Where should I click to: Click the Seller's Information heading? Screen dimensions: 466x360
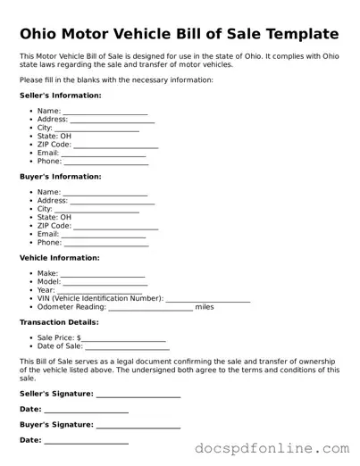(60, 95)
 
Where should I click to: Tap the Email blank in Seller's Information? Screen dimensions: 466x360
(104, 153)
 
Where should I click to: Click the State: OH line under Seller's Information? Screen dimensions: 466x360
(54, 136)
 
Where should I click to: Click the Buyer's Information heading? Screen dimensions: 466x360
(60, 176)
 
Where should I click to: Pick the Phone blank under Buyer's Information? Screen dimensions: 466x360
(105, 243)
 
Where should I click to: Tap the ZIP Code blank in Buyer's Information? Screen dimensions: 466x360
(116, 226)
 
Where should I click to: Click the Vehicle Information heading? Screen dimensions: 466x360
(59, 258)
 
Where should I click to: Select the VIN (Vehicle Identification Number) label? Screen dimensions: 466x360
(100, 298)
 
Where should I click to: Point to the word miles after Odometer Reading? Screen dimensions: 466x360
(205, 307)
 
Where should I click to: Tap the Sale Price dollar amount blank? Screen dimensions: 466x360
(124, 338)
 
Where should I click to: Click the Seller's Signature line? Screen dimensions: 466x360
(138, 394)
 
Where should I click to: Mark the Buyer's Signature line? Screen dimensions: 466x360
(138, 425)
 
